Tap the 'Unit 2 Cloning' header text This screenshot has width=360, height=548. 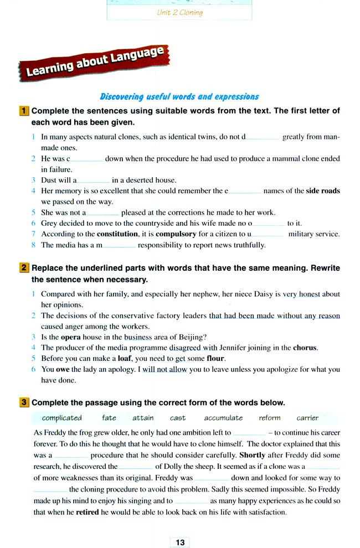(180, 12)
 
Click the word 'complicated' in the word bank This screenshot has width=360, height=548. (61, 418)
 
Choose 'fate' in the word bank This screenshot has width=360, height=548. (109, 418)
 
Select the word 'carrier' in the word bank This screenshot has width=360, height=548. (307, 418)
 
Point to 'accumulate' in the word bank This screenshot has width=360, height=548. (223, 418)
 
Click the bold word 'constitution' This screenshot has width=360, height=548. (123, 234)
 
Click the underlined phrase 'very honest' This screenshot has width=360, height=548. (301, 294)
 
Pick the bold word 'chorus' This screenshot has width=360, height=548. (305, 348)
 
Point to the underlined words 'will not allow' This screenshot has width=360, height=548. (164, 369)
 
